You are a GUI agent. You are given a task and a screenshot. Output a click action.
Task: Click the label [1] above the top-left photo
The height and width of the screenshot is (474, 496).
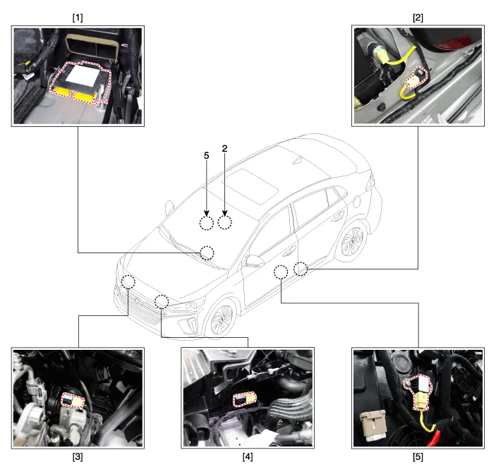[78, 18]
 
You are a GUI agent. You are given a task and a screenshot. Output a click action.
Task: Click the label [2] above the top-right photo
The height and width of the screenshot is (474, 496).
[418, 18]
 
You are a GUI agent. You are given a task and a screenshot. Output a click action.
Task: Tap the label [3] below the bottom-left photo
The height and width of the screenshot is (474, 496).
[78, 457]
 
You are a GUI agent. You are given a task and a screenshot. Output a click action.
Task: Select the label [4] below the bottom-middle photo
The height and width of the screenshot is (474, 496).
[248, 457]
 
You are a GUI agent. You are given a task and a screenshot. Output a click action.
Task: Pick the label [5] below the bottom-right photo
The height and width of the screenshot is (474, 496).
[418, 457]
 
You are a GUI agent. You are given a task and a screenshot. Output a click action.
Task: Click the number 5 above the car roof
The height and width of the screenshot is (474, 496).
[207, 156]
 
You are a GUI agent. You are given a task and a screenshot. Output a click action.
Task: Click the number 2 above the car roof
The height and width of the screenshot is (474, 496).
[224, 149]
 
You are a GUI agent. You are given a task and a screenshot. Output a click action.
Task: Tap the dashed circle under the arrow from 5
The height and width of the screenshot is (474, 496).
[207, 217]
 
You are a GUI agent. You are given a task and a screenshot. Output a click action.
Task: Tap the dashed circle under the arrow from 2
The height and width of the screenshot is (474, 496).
[224, 216]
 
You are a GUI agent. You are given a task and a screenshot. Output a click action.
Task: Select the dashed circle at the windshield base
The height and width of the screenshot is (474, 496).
[207, 246]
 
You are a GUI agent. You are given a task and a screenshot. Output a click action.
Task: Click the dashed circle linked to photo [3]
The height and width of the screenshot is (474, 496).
[128, 275]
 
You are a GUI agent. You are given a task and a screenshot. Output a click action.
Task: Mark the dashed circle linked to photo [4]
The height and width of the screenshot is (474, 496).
[162, 296]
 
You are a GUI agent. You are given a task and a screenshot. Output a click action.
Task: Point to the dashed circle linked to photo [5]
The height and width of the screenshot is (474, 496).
[281, 265]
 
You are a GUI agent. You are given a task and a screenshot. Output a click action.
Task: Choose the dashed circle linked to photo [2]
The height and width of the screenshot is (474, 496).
[301, 262]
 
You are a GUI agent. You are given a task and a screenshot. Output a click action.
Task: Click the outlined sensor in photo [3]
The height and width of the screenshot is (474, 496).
[73, 401]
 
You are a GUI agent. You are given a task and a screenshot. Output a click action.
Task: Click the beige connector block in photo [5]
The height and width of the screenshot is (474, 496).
[373, 425]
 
